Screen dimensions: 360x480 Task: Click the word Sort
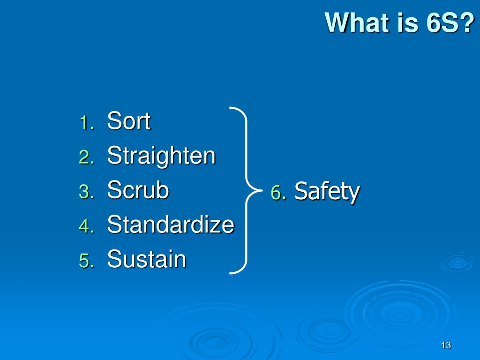pyautogui.click(x=128, y=121)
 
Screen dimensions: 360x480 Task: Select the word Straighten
pyautogui.click(x=161, y=156)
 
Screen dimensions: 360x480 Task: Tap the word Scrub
pyautogui.click(x=138, y=190)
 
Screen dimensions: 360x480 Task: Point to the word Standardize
pyautogui.click(x=170, y=225)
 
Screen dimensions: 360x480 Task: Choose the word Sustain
pyautogui.click(x=146, y=259)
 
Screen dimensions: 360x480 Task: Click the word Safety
pyautogui.click(x=327, y=192)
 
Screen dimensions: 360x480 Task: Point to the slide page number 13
pyautogui.click(x=446, y=345)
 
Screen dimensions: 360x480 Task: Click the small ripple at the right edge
pyautogui.click(x=457, y=262)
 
